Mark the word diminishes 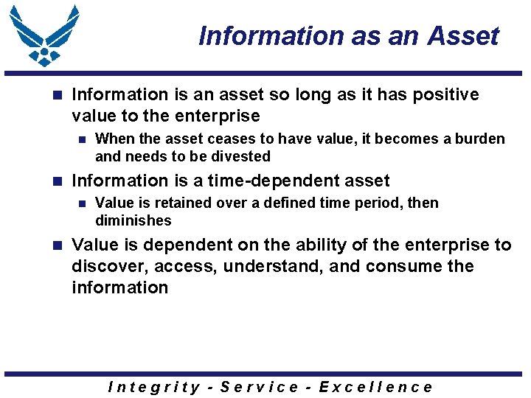[x=133, y=220]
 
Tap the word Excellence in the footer [x=375, y=387]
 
